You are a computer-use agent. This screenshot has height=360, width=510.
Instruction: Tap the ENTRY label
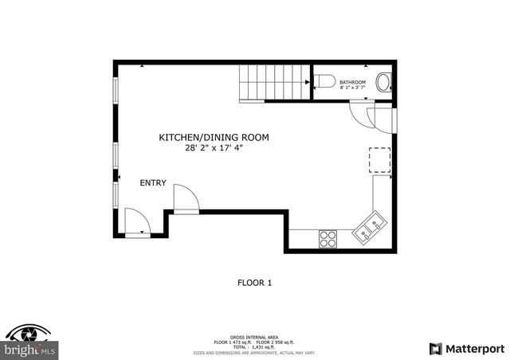point(153,183)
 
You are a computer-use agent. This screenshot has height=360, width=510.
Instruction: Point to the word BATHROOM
point(352,82)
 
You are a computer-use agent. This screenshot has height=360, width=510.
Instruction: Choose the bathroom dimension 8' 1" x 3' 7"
point(352,88)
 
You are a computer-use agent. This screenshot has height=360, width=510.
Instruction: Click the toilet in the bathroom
point(324,81)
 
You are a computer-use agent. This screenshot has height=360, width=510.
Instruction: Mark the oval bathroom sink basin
point(385,82)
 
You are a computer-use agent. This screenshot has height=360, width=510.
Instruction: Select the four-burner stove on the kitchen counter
point(328,237)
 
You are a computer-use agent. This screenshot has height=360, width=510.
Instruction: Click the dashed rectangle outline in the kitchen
point(379,160)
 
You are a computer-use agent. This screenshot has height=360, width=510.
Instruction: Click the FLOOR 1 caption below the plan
point(254,282)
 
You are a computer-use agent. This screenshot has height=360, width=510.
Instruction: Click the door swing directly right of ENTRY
point(186,198)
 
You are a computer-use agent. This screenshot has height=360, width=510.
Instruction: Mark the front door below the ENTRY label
point(137,224)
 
